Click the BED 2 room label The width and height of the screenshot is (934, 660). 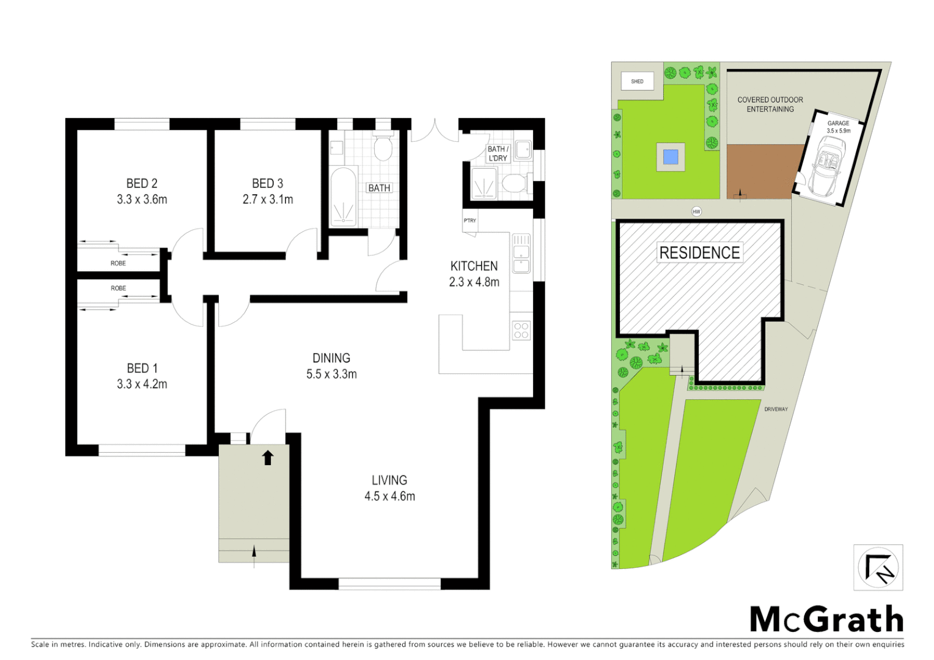[x=142, y=183]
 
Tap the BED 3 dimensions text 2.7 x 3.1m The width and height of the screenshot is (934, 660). [x=268, y=199]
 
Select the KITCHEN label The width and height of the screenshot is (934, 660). [x=474, y=266]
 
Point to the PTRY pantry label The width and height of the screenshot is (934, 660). [x=469, y=221]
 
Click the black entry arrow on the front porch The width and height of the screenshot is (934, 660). [x=268, y=457]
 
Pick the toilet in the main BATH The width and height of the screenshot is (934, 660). [x=383, y=147]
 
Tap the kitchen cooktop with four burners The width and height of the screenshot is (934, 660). [x=521, y=331]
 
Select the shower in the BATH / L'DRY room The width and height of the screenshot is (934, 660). [x=484, y=183]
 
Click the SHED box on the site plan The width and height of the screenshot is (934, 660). [x=637, y=81]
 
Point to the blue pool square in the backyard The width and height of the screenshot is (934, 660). [x=671, y=157]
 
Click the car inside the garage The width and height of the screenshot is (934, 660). [x=826, y=165]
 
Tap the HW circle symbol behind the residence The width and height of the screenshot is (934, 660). [x=696, y=211]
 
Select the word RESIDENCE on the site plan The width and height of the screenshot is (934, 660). [x=699, y=252]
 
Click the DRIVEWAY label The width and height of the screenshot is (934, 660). [x=776, y=409]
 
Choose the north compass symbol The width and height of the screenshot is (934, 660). [x=878, y=568]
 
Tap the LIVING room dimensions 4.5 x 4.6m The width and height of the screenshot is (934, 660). [x=389, y=496]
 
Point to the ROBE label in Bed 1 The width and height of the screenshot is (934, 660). [x=119, y=288]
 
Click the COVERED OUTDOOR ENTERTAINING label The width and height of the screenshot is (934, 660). [x=770, y=105]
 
